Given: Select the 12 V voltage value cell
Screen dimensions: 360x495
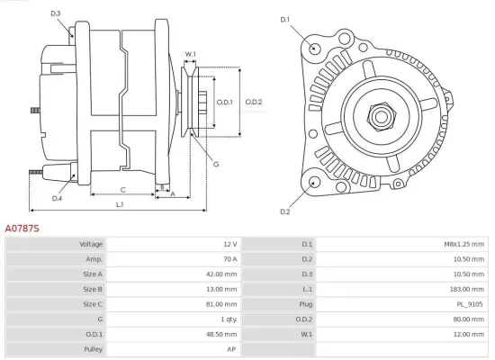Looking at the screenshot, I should [x=230, y=244].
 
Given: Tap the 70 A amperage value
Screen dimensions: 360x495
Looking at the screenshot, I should [x=229, y=258].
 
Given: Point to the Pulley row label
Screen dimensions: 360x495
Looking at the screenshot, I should [x=92, y=348].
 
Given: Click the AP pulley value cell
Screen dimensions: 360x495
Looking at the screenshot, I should [x=231, y=348].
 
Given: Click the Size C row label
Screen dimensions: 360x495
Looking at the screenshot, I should [x=92, y=303].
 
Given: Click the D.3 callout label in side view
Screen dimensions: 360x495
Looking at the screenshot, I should [x=56, y=13].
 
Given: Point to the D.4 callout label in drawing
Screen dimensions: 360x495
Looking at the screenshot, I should [x=57, y=198].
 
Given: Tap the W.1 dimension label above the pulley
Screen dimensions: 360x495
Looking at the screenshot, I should [x=191, y=55].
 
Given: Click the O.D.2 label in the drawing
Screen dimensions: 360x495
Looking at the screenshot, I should [x=253, y=102].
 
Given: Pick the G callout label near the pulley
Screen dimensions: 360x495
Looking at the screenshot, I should [x=216, y=164].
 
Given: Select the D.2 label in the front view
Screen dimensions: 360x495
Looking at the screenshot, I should [x=285, y=211].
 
